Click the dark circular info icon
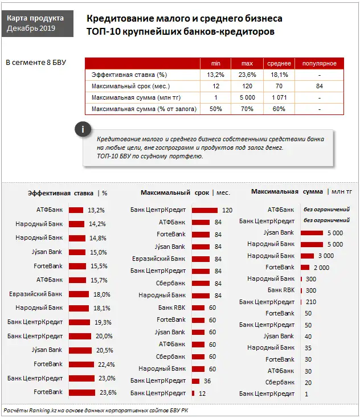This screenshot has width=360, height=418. pos(83,129)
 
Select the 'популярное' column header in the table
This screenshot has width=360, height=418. pos(320,63)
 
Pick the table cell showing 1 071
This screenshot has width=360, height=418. pos(279,97)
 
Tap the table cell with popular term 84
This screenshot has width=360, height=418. pos(320,86)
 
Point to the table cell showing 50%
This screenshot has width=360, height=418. pos(216,109)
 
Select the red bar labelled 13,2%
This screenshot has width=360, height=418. pos(76,210)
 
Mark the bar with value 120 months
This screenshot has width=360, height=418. pos(205,210)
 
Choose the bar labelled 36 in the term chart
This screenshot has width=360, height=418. pos(196,381)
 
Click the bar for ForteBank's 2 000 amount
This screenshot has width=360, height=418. pos(305,267)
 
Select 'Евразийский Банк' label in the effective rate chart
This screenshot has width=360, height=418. pos(36,294)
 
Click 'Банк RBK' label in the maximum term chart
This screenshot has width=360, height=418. pos(171,308)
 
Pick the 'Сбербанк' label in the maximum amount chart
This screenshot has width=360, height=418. pos(280,382)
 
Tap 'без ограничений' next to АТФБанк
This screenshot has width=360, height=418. pos(326,210)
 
